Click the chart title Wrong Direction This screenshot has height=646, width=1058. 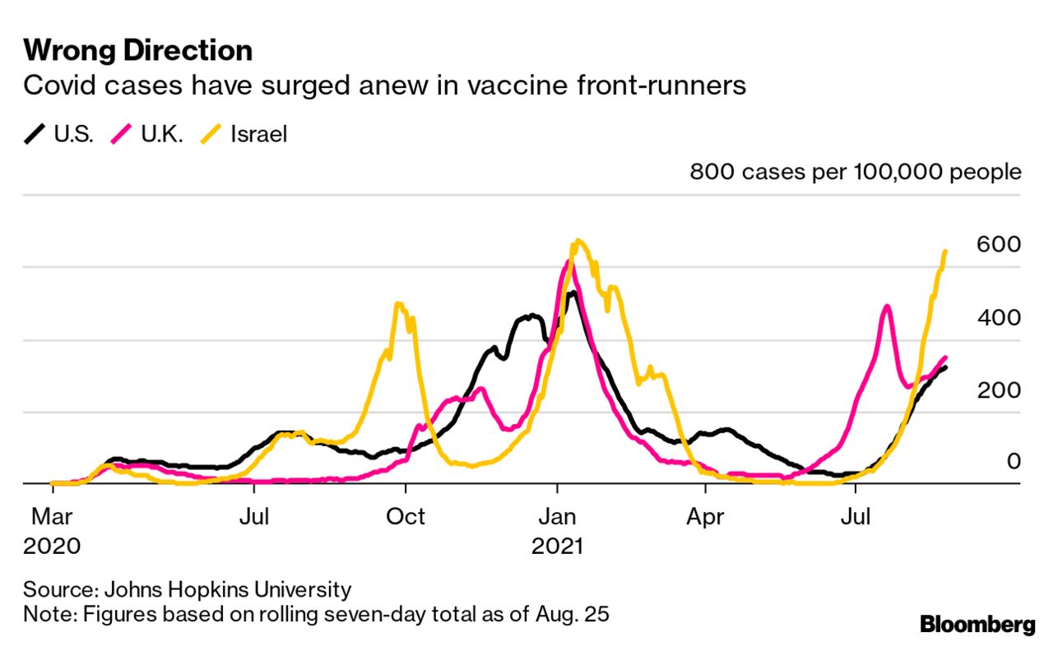(137, 51)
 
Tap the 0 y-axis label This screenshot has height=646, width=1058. (1013, 461)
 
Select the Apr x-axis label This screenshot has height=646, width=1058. (705, 517)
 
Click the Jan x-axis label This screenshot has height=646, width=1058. (557, 517)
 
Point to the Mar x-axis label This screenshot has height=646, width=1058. (52, 517)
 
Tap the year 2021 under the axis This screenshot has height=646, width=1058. (557, 546)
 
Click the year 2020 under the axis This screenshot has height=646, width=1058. (52, 546)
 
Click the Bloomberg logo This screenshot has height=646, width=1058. (977, 625)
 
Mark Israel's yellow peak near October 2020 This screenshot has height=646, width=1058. (399, 304)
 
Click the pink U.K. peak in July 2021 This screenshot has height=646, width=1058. (886, 307)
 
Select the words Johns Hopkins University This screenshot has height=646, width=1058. (227, 589)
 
